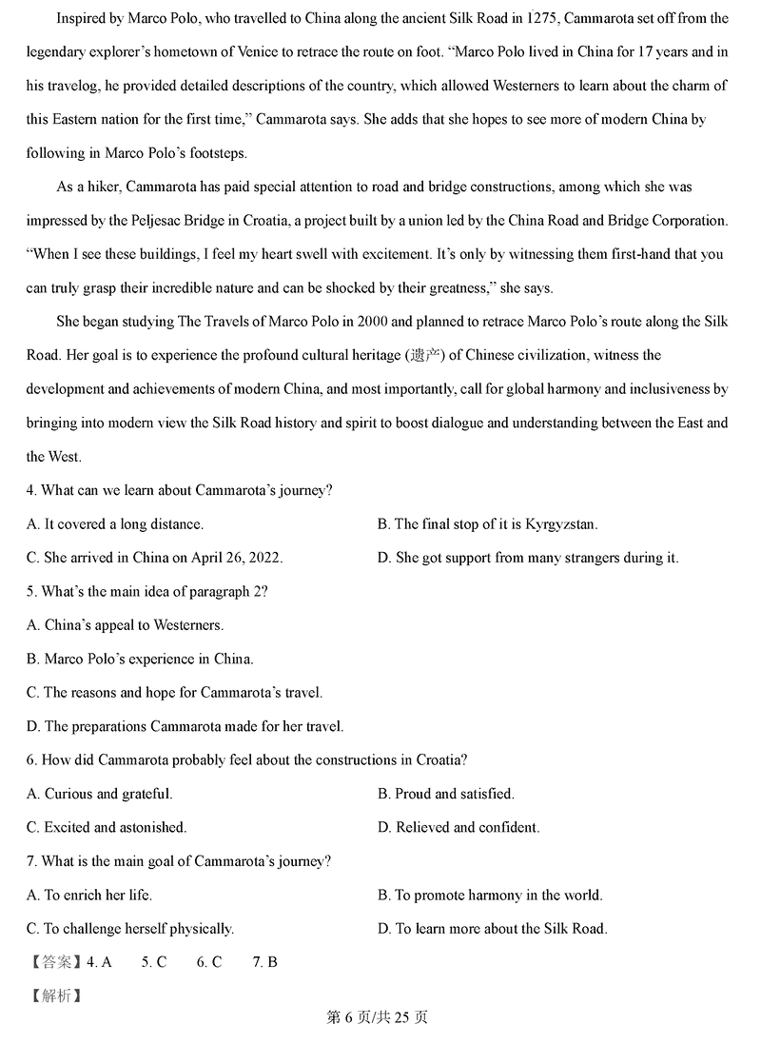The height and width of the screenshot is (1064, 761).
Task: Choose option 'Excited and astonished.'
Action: [107, 827]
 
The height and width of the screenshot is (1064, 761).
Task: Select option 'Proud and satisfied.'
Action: [445, 794]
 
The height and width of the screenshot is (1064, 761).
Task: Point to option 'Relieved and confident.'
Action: [459, 827]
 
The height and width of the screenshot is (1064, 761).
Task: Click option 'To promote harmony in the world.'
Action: [490, 895]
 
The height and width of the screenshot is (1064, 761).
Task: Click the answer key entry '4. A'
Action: [99, 962]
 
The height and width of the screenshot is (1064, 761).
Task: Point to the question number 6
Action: [31, 760]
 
